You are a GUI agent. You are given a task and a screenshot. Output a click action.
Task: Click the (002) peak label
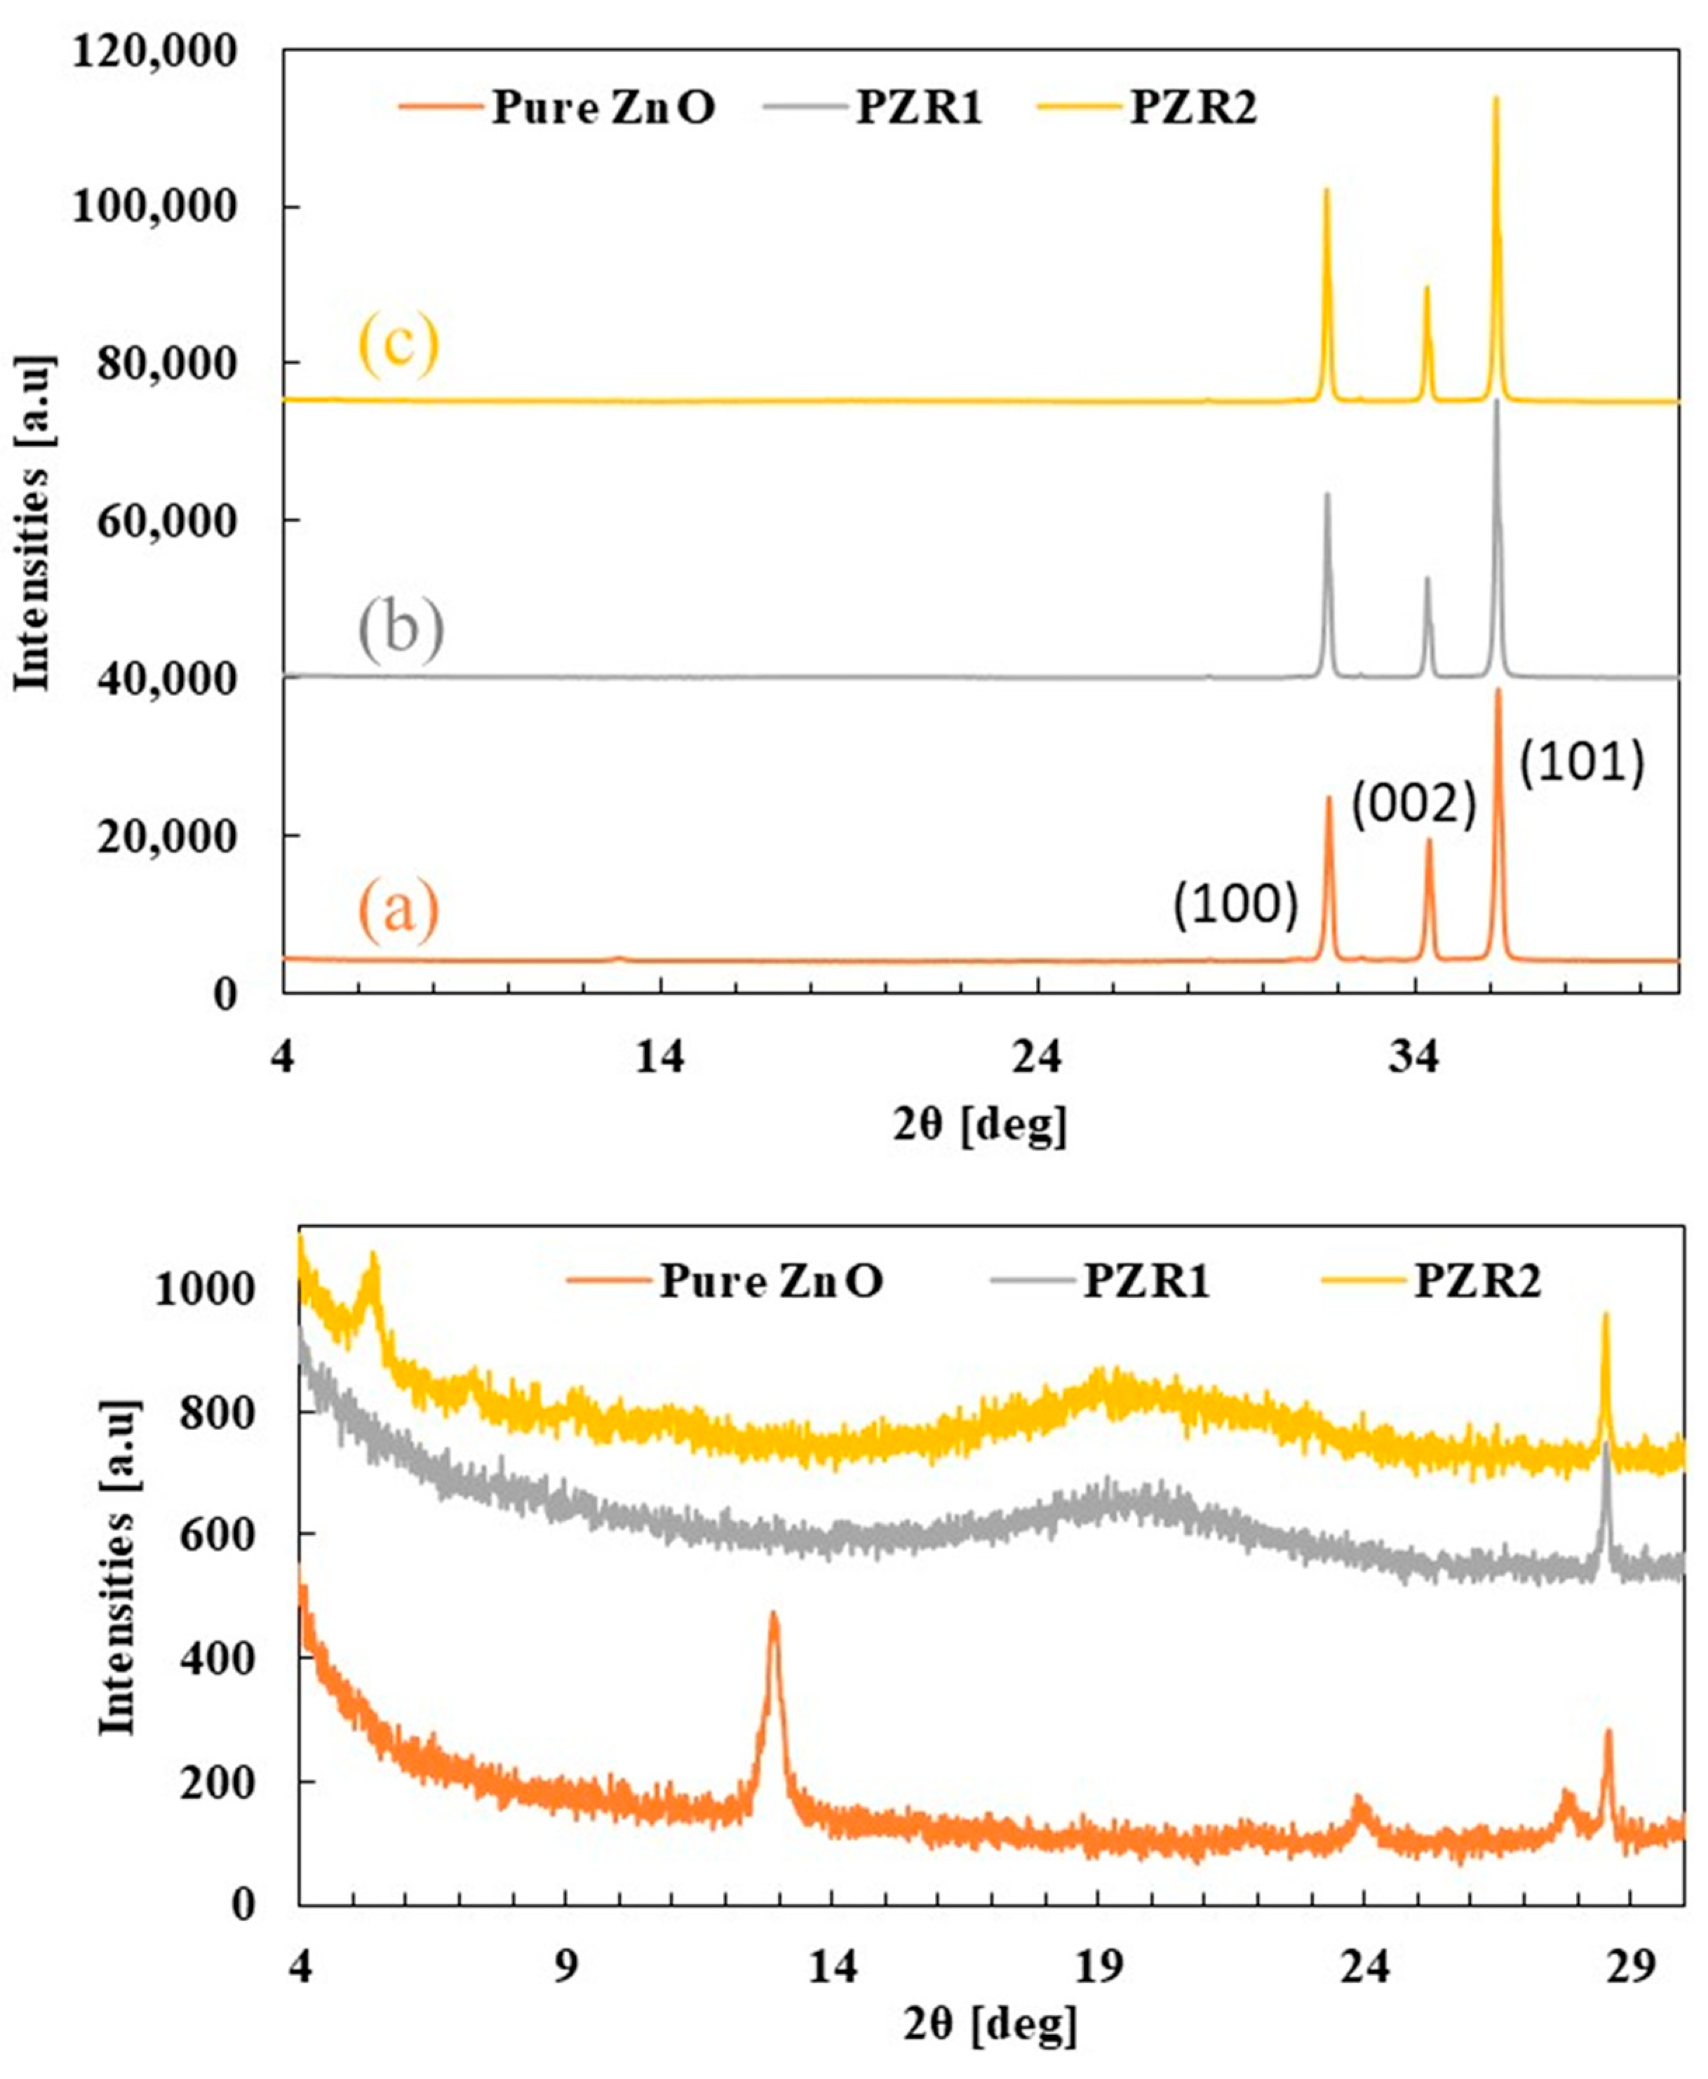(x=1414, y=805)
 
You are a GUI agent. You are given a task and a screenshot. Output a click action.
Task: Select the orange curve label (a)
(x=398, y=909)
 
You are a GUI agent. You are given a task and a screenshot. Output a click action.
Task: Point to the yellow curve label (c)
(x=398, y=347)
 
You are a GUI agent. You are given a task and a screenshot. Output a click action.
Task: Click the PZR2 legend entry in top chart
(x=1193, y=108)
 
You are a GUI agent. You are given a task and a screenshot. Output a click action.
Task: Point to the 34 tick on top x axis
(x=1415, y=1057)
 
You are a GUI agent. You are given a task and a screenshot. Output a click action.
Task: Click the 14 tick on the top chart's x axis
(x=659, y=1057)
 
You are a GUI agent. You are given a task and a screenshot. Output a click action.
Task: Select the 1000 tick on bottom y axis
(x=203, y=1289)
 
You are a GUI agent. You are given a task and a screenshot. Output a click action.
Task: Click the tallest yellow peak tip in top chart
(x=1495, y=98)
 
